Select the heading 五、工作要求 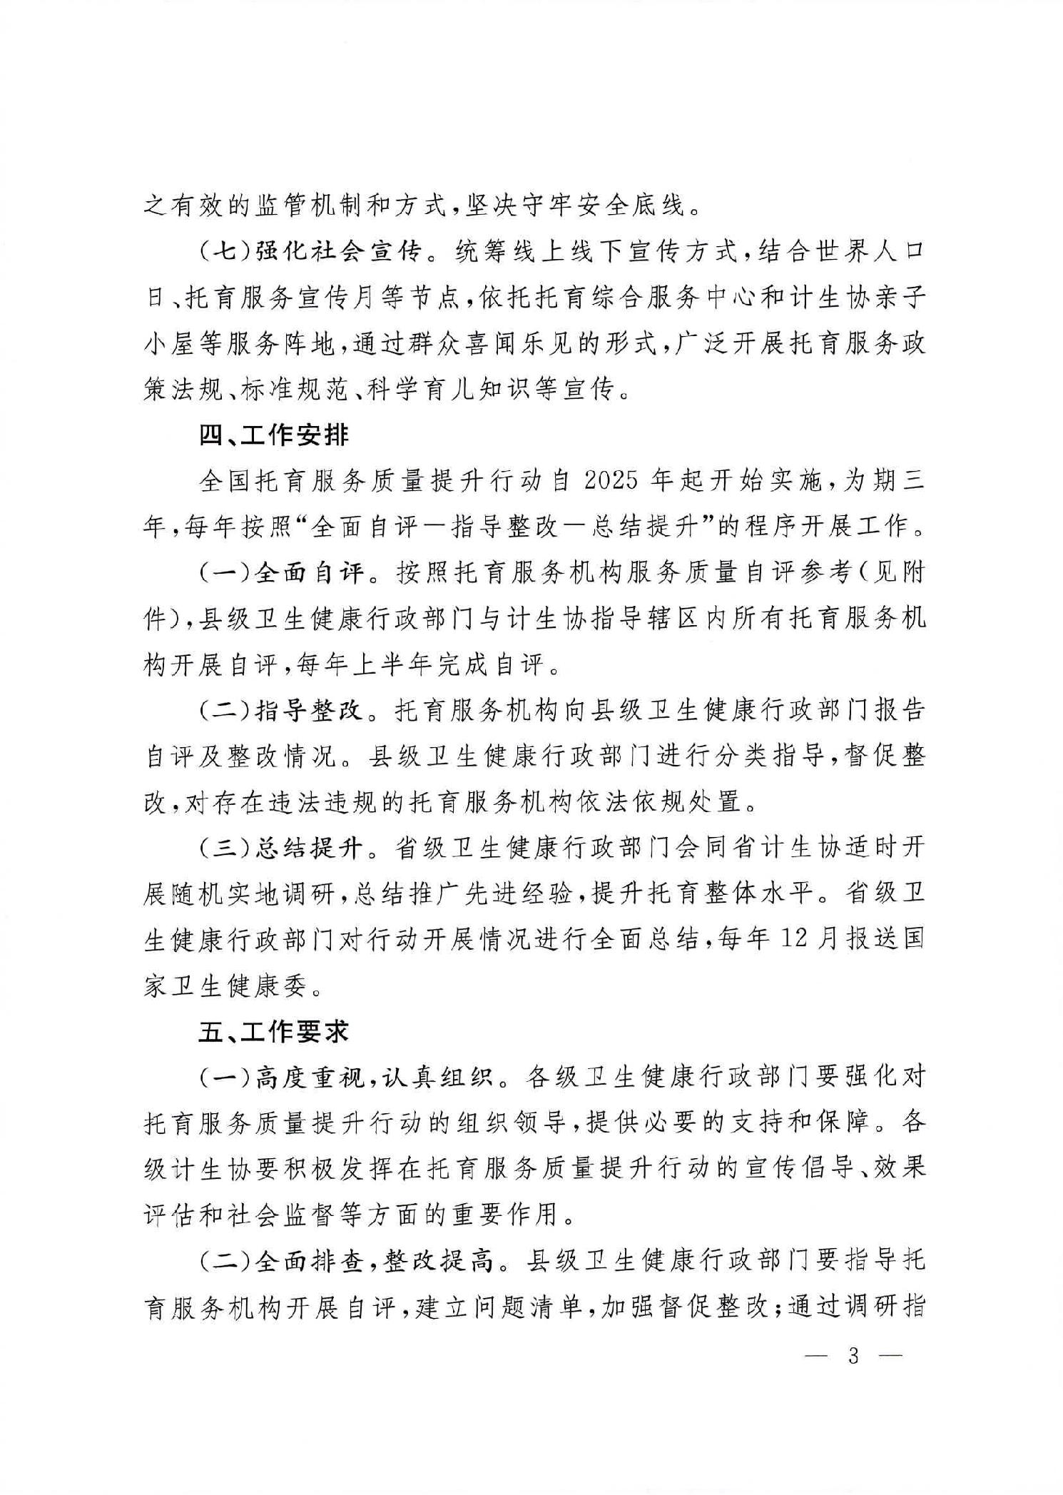point(274,1032)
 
